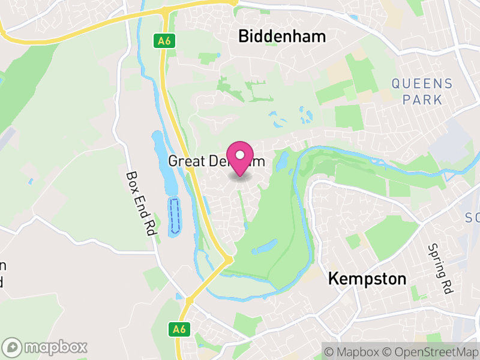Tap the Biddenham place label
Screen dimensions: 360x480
coord(282,37)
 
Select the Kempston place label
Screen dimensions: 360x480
coord(367,279)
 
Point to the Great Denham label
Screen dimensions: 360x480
coord(216,161)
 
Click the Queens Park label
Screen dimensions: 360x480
coord(422,91)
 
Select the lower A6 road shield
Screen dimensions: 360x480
coord(179,329)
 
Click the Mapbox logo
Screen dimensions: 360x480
coord(45,347)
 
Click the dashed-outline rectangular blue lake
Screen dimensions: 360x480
coord(175,215)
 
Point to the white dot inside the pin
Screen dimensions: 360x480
coord(241,155)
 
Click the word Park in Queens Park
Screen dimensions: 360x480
coord(422,99)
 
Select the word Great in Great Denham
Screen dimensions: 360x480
coord(183,161)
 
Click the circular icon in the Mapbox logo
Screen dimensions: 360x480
coord(13,347)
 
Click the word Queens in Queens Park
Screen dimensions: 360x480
coord(422,83)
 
